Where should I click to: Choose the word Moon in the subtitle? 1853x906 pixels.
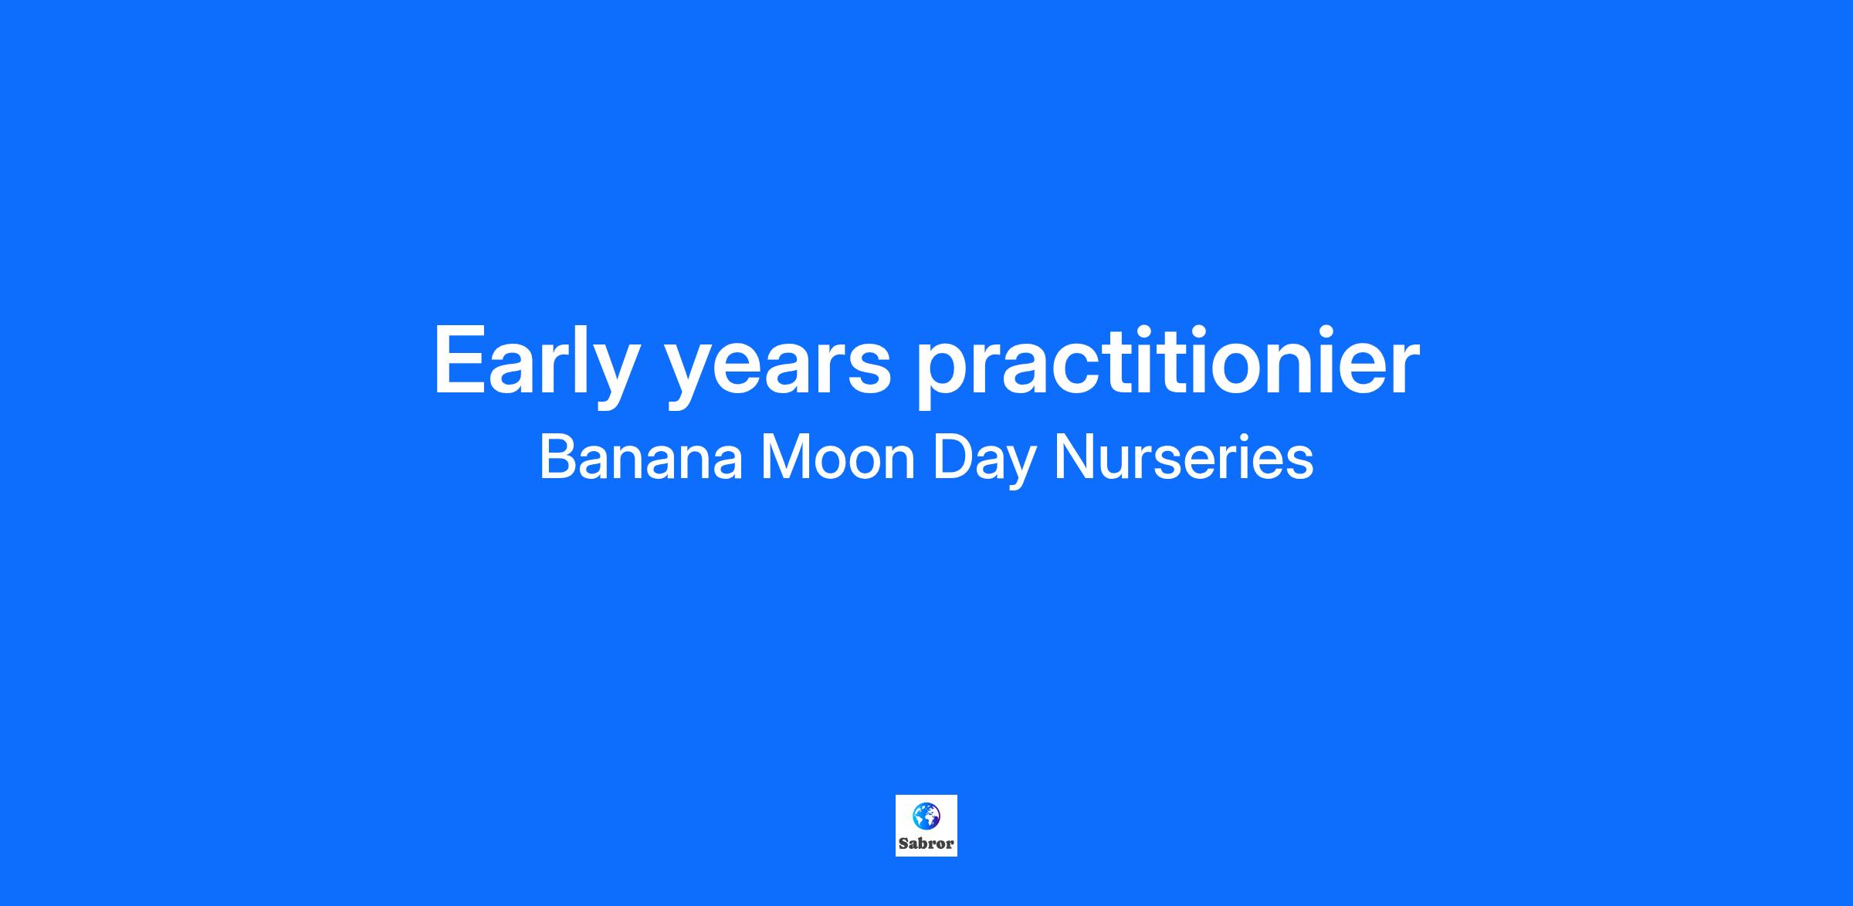click(x=838, y=458)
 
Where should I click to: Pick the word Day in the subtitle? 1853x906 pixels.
click(x=984, y=462)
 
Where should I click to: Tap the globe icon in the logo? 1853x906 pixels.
click(x=926, y=816)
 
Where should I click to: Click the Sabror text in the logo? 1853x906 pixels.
click(x=926, y=843)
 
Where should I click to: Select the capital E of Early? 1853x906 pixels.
click(x=462, y=359)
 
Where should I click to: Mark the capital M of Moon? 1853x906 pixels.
click(x=784, y=458)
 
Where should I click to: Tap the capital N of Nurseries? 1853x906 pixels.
click(x=1072, y=458)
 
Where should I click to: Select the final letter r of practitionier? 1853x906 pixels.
click(x=1401, y=368)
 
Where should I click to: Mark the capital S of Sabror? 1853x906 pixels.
click(x=903, y=843)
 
